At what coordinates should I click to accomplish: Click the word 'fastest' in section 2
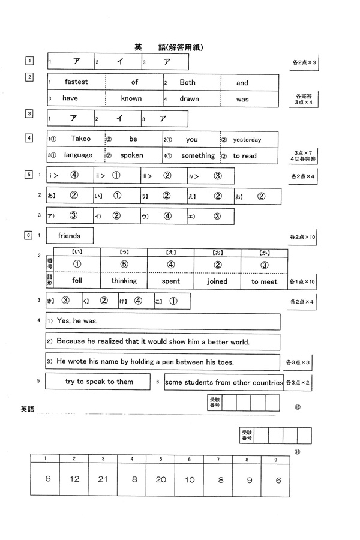click(x=76, y=83)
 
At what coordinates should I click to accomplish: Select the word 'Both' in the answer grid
click(x=187, y=83)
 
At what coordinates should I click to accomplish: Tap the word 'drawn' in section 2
click(x=188, y=99)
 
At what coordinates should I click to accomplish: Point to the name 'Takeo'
click(x=80, y=139)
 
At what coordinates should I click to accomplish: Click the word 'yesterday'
click(x=247, y=140)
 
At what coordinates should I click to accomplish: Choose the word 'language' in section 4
click(x=78, y=155)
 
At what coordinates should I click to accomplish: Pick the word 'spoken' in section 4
click(x=131, y=155)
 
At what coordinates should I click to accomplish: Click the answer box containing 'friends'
click(x=70, y=236)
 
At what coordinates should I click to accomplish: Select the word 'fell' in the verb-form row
click(x=77, y=281)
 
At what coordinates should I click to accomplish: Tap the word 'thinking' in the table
click(x=124, y=281)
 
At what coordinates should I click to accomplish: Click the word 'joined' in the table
click(x=217, y=281)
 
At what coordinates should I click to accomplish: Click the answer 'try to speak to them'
click(x=100, y=382)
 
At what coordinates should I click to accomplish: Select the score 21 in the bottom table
click(x=103, y=479)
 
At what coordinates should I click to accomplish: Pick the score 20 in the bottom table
click(x=161, y=479)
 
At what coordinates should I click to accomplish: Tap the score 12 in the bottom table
click(x=74, y=479)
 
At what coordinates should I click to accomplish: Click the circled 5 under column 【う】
click(x=124, y=264)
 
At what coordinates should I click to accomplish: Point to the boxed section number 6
click(x=28, y=235)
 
